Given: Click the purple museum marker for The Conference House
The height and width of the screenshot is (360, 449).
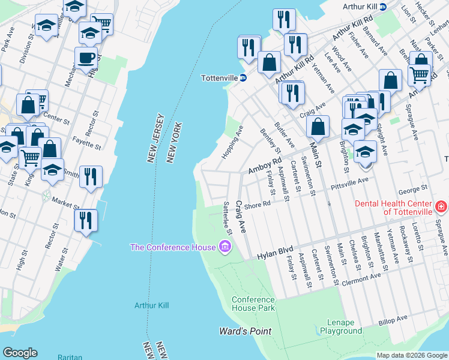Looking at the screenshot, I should tap(225, 247).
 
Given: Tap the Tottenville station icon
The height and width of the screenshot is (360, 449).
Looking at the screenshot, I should tap(243, 78).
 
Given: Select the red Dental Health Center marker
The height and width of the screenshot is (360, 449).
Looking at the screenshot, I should tap(441, 206).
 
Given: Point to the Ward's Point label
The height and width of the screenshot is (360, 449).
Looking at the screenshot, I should tap(245, 331).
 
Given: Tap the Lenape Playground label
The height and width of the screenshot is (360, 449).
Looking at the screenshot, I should tap(341, 326).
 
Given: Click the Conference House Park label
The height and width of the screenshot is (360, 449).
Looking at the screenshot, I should tap(253, 304).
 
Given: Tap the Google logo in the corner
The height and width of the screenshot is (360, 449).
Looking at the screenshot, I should tap(20, 353).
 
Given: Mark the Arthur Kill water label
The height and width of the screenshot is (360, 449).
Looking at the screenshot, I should tap(151, 305).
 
